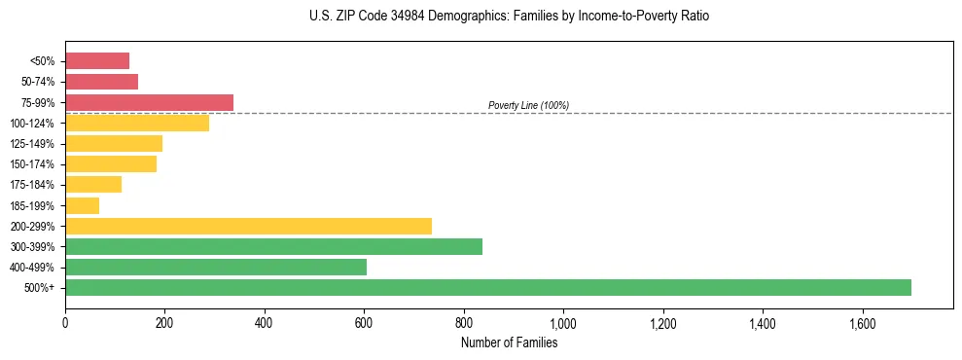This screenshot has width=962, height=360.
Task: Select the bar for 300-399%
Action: click(273, 246)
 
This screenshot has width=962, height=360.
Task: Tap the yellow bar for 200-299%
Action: click(248, 226)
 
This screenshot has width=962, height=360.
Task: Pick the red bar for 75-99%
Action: click(149, 102)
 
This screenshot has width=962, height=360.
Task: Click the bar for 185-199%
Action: click(82, 205)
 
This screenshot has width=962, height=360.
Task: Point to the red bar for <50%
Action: click(97, 60)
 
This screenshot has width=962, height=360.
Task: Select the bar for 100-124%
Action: click(137, 123)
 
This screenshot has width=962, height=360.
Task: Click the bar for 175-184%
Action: click(93, 185)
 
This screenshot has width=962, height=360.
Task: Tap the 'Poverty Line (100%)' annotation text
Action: click(528, 105)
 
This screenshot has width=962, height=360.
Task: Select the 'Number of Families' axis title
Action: click(509, 342)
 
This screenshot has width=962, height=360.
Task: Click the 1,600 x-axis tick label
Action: click(862, 323)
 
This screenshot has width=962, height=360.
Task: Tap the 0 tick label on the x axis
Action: click(65, 323)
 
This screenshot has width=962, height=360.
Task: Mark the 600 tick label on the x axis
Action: click(364, 323)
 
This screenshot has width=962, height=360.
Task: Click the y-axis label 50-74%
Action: click(38, 82)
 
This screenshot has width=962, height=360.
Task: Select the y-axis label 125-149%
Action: click(35, 144)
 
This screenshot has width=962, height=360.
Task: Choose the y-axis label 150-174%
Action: click(35, 164)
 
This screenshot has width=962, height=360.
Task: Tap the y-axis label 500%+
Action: click(41, 288)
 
